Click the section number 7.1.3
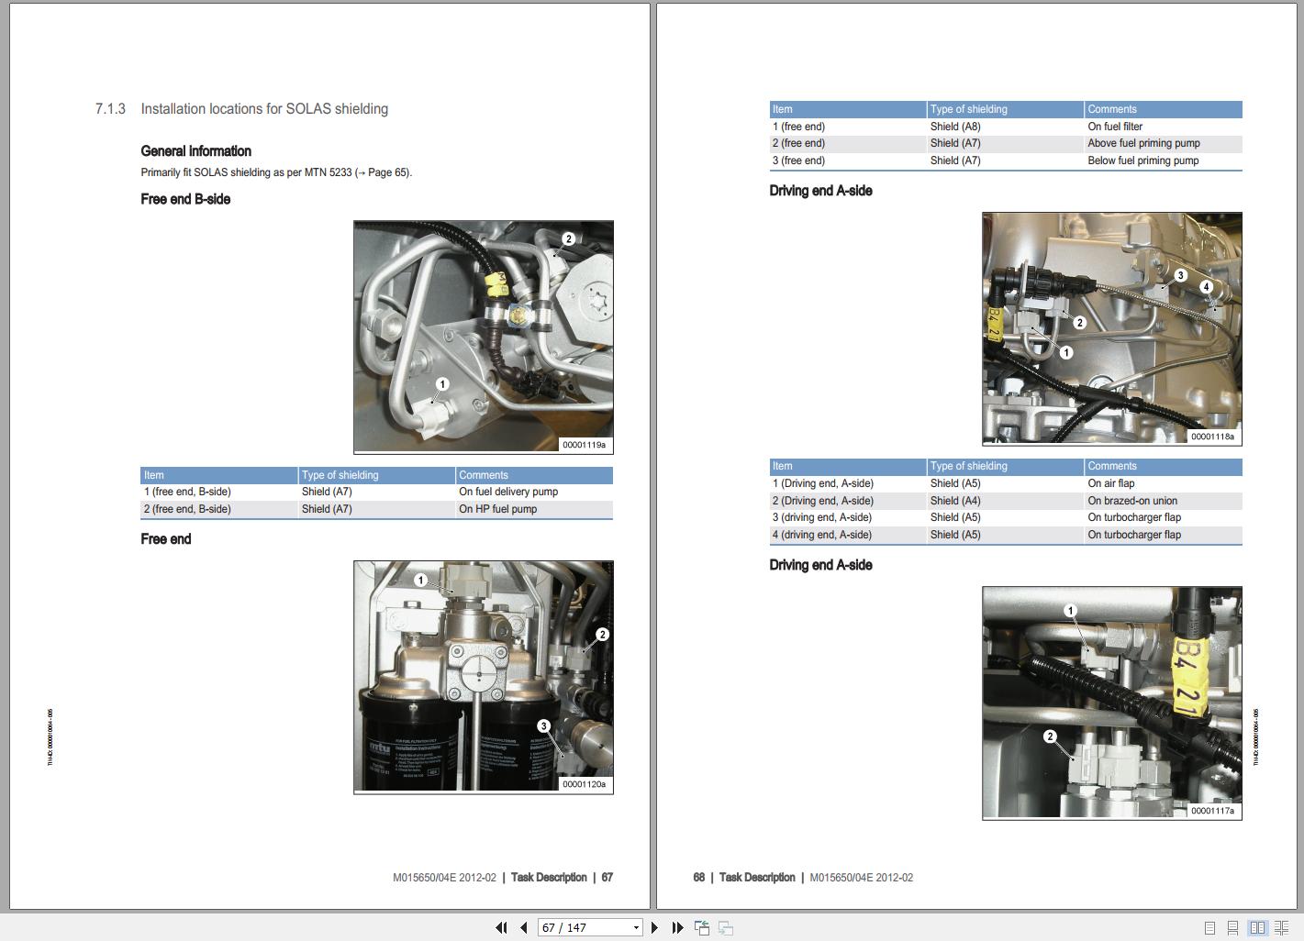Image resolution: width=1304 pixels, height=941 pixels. tap(110, 109)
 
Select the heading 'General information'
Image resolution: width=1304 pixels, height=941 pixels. tap(195, 151)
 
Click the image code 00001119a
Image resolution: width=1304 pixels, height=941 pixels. tap(584, 445)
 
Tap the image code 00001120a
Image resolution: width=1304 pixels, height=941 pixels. tap(584, 784)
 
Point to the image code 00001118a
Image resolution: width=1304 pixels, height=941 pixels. tap(1212, 437)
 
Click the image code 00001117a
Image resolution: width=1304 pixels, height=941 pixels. tap(1212, 811)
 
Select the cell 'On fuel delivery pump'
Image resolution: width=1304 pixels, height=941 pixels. tap(508, 492)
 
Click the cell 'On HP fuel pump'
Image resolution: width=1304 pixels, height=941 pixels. tap(497, 509)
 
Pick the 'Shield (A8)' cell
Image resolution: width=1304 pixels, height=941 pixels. tap(954, 127)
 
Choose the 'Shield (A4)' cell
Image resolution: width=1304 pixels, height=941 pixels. tap(954, 501)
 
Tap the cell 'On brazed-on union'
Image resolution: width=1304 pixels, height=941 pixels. tap(1132, 501)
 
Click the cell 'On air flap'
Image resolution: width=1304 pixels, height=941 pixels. tap(1110, 483)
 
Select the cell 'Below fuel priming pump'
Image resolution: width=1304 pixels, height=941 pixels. tap(1142, 161)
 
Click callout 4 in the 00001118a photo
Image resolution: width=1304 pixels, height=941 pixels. tap(1206, 287)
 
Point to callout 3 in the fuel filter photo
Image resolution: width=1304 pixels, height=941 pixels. tap(543, 726)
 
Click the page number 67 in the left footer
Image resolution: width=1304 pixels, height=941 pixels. tap(607, 878)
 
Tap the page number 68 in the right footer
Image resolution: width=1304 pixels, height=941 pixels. tap(699, 878)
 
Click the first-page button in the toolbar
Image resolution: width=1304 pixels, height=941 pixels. tap(501, 927)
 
